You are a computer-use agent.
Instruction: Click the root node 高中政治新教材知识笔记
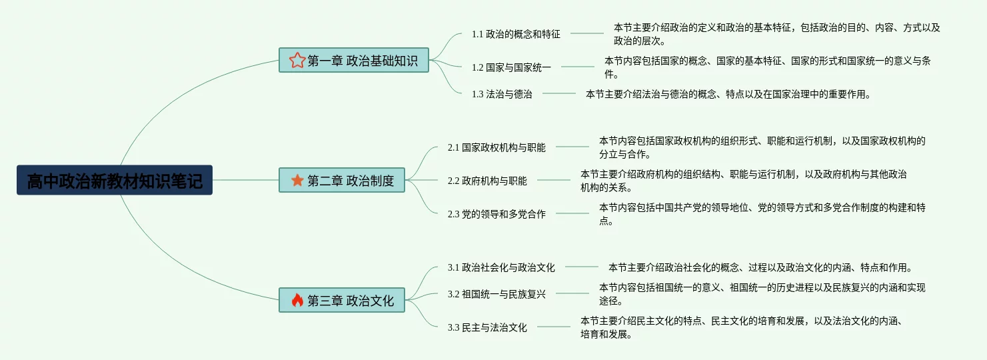[115, 180]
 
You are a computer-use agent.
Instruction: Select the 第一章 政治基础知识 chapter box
[353, 61]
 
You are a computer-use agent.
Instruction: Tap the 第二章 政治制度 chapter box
[341, 180]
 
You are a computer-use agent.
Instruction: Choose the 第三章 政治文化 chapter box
[341, 300]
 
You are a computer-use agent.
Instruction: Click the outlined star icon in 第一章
[297, 61]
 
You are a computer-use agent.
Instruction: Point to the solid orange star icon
[297, 180]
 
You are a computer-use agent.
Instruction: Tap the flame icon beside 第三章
[297, 300]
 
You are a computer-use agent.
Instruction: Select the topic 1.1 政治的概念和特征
[516, 34]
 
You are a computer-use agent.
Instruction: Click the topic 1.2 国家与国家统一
[511, 67]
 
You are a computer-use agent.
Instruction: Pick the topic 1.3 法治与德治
[502, 94]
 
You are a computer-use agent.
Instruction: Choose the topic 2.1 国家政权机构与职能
[496, 147]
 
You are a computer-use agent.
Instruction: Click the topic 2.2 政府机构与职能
[487, 181]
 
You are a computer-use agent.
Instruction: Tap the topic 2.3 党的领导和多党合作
[496, 214]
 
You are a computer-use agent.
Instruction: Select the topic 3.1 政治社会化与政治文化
[501, 267]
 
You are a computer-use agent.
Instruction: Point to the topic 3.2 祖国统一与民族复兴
[496, 294]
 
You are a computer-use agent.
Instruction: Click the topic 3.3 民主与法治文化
[487, 327]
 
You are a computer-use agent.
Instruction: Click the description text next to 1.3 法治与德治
[728, 94]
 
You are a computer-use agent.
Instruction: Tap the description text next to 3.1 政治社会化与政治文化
[760, 267]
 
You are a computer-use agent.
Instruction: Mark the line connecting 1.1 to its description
[586, 33]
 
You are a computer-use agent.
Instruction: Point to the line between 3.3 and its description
[554, 327]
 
